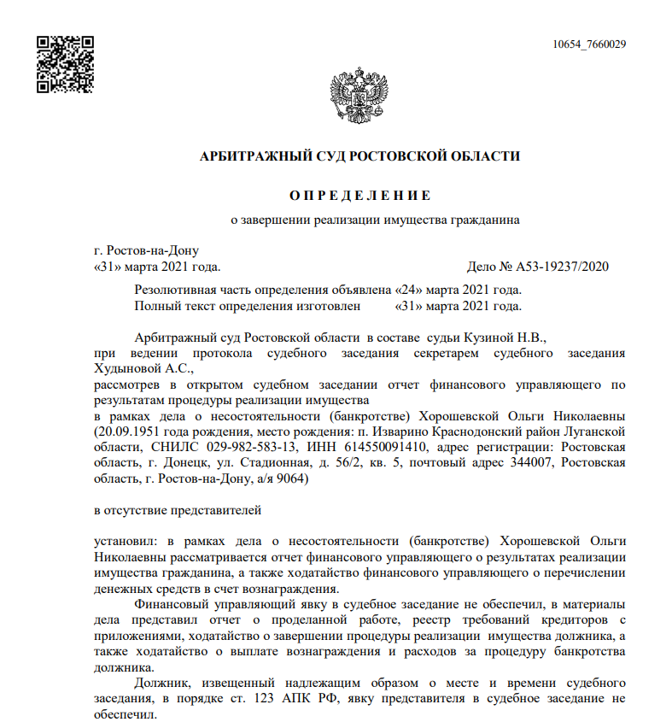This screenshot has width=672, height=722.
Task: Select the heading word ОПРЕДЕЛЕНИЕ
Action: tap(359, 195)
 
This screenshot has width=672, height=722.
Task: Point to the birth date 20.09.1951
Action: tap(127, 431)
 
